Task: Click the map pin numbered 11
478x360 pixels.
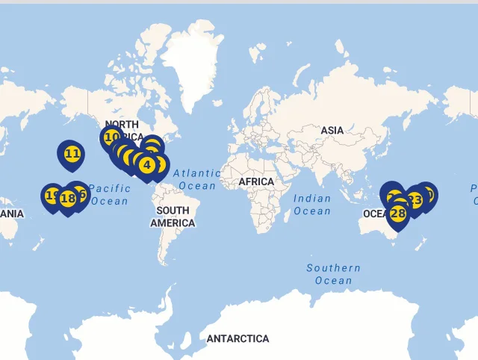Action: click(x=72, y=155)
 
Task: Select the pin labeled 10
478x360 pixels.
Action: click(x=112, y=137)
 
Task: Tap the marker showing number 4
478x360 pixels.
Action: click(x=147, y=164)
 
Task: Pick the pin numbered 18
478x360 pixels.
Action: click(x=68, y=198)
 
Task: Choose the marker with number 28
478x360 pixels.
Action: click(x=397, y=214)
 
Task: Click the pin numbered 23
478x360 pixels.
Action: click(x=415, y=200)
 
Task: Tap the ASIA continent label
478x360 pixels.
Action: click(x=332, y=130)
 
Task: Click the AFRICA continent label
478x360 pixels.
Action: click(x=256, y=181)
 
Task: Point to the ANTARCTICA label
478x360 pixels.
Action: click(x=238, y=338)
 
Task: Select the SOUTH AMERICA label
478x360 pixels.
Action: click(x=173, y=217)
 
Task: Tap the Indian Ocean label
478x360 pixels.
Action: click(x=312, y=205)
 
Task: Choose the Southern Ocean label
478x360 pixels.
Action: click(x=333, y=274)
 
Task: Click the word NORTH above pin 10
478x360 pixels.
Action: click(x=122, y=125)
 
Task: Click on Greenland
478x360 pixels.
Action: click(x=193, y=60)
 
